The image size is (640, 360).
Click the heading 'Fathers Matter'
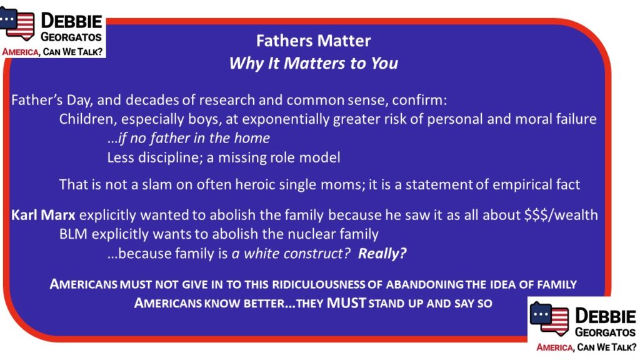314,41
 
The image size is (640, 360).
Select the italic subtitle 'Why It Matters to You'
314,63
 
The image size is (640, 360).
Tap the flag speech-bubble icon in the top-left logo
17,24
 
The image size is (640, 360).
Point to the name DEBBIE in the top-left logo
71,21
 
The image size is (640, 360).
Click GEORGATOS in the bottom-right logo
605,332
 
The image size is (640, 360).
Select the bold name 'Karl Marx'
43,215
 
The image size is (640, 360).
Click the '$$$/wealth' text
561,215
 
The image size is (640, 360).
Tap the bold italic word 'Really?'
382,254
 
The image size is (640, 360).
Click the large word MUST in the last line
346,303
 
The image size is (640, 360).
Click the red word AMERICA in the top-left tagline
21,52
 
